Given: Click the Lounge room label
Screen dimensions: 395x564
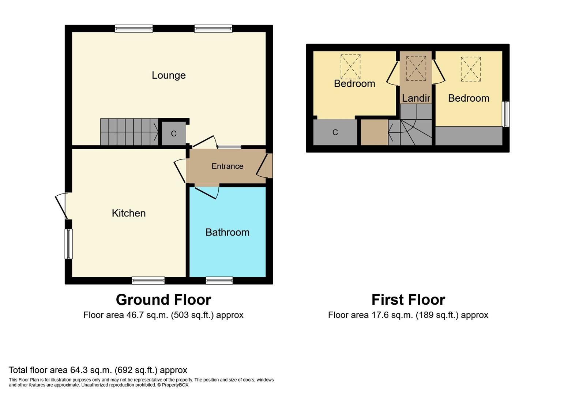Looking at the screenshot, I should [169, 75].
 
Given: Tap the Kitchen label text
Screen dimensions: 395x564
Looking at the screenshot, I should [128, 213].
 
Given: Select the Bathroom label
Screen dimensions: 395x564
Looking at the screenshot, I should [227, 232].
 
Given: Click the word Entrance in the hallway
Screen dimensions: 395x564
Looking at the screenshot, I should [227, 166].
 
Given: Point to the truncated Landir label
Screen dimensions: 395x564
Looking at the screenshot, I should [416, 98].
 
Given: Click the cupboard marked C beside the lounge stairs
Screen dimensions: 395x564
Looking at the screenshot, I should [174, 133].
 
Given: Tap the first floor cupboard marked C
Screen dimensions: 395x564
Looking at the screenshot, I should [335, 132].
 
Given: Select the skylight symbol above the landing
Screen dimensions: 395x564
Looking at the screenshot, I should [416, 68].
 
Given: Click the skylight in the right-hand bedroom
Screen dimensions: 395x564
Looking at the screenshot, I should [470, 69].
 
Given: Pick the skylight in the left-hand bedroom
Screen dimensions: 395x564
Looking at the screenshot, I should [350, 67].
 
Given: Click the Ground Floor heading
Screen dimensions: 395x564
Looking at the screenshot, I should [163, 300].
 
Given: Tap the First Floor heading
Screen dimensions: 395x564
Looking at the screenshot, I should [408, 300].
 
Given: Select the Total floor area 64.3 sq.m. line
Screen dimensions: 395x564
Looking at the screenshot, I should [98, 370].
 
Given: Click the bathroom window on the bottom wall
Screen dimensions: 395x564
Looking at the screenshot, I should [219, 281].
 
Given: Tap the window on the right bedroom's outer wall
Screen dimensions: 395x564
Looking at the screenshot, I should [506, 114].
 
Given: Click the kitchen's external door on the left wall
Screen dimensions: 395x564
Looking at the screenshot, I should [61, 206].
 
